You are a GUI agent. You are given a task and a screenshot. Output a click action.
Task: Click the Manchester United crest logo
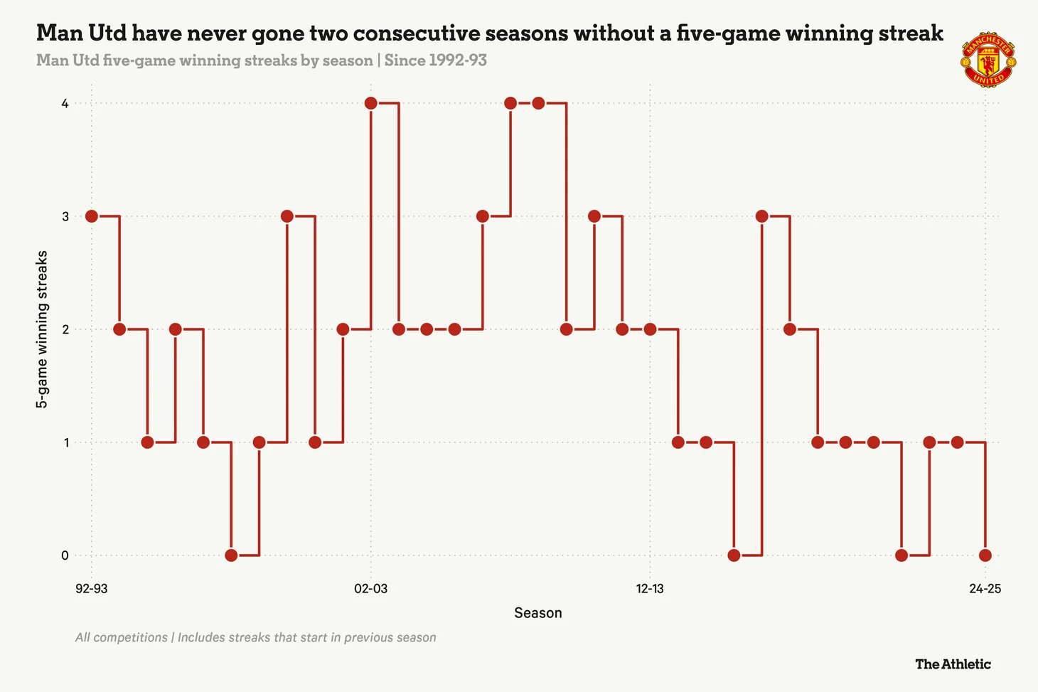click(x=988, y=60)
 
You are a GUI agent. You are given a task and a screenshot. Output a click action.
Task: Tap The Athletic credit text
click(x=953, y=664)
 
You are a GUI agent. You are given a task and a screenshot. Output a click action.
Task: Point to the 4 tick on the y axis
click(x=65, y=104)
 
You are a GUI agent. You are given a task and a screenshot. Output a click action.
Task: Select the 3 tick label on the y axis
click(x=65, y=216)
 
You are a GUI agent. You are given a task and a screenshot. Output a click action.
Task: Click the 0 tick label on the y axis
click(x=65, y=555)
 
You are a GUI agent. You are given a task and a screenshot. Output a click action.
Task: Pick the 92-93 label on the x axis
click(x=92, y=589)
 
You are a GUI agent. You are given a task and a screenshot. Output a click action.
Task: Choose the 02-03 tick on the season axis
click(x=371, y=589)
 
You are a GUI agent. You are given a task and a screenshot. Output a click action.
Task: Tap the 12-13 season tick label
click(x=650, y=589)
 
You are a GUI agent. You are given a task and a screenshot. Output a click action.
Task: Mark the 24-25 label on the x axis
click(x=985, y=589)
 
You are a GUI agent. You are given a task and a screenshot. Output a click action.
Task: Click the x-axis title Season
click(x=538, y=613)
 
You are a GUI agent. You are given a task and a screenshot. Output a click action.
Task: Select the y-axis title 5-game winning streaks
click(x=43, y=329)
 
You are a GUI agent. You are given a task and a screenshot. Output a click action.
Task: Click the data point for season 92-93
click(x=92, y=216)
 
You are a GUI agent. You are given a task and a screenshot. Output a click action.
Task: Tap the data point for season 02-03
click(x=371, y=104)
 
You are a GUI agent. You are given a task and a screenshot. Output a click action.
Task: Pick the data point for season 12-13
click(x=650, y=329)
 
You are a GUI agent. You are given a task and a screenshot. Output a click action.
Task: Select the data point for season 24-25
click(x=985, y=555)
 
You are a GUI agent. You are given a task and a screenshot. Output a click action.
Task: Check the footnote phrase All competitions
click(x=122, y=638)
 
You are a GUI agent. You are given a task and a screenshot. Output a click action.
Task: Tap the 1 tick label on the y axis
click(x=65, y=442)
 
